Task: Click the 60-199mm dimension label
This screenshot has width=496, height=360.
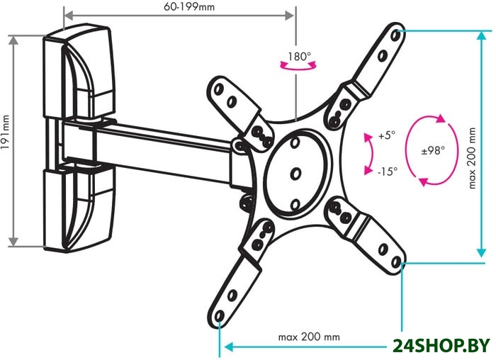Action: click(x=189, y=6)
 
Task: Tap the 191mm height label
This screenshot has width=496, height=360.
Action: click(x=5, y=133)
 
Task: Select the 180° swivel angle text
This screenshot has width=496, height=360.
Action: click(x=299, y=57)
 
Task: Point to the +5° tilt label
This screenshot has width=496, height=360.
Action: click(x=387, y=135)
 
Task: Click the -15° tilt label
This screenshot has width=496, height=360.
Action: click(x=387, y=171)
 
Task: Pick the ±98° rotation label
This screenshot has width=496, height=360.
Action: click(x=433, y=150)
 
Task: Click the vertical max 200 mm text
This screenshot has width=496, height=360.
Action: click(x=472, y=158)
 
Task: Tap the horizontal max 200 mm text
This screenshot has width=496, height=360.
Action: click(x=309, y=337)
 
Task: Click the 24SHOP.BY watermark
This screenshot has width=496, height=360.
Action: click(x=441, y=346)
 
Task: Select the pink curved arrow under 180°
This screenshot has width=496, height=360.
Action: click(x=298, y=67)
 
